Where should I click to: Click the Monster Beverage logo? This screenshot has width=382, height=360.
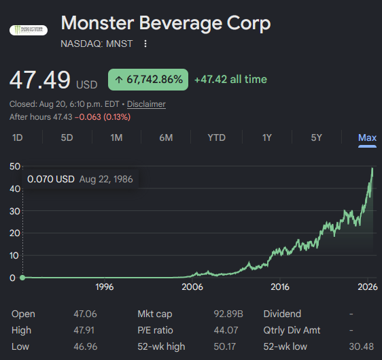pyautogui.click(x=29, y=30)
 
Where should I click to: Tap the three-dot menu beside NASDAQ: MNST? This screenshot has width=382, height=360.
pyautogui.click(x=145, y=44)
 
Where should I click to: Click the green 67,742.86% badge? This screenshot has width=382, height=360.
pyautogui.click(x=148, y=80)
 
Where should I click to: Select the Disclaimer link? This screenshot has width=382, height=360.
pyautogui.click(x=146, y=104)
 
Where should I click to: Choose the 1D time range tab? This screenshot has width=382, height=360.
pyautogui.click(x=18, y=137)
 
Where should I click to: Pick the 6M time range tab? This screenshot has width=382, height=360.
pyautogui.click(x=166, y=137)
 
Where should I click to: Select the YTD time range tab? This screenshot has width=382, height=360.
pyautogui.click(x=217, y=137)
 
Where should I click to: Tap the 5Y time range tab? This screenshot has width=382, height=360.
pyautogui.click(x=317, y=137)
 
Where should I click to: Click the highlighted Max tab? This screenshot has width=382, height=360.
pyautogui.click(x=367, y=137)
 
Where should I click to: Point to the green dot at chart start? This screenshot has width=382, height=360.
pyautogui.click(x=22, y=278)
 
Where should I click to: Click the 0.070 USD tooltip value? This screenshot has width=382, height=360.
pyautogui.click(x=51, y=179)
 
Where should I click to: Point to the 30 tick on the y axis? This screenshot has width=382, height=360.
pyautogui.click(x=15, y=211)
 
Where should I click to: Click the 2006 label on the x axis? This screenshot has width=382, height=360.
pyautogui.click(x=192, y=287)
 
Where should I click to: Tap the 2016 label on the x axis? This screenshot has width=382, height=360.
pyautogui.click(x=280, y=287)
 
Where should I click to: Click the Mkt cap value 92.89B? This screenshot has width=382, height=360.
pyautogui.click(x=228, y=314)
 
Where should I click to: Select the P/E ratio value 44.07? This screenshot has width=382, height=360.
pyautogui.click(x=226, y=330)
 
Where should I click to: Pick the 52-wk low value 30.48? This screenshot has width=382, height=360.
pyautogui.click(x=362, y=346)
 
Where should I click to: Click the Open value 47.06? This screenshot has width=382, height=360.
pyautogui.click(x=85, y=314)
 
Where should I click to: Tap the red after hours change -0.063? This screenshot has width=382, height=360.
pyautogui.click(x=88, y=117)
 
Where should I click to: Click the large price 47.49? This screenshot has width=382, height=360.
pyautogui.click(x=40, y=80)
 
